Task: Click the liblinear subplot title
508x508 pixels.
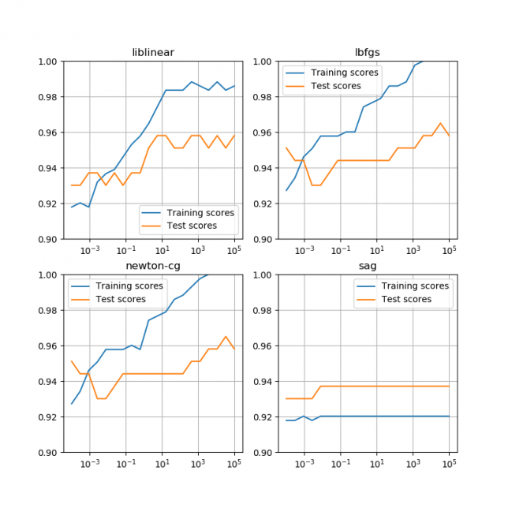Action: tap(153, 53)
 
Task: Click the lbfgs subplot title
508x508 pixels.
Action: tap(368, 53)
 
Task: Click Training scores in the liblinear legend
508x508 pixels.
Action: tap(200, 212)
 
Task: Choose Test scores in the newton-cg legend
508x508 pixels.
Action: tap(121, 299)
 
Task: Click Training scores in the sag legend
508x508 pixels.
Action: tap(415, 286)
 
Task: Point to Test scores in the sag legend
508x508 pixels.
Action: tap(408, 299)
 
